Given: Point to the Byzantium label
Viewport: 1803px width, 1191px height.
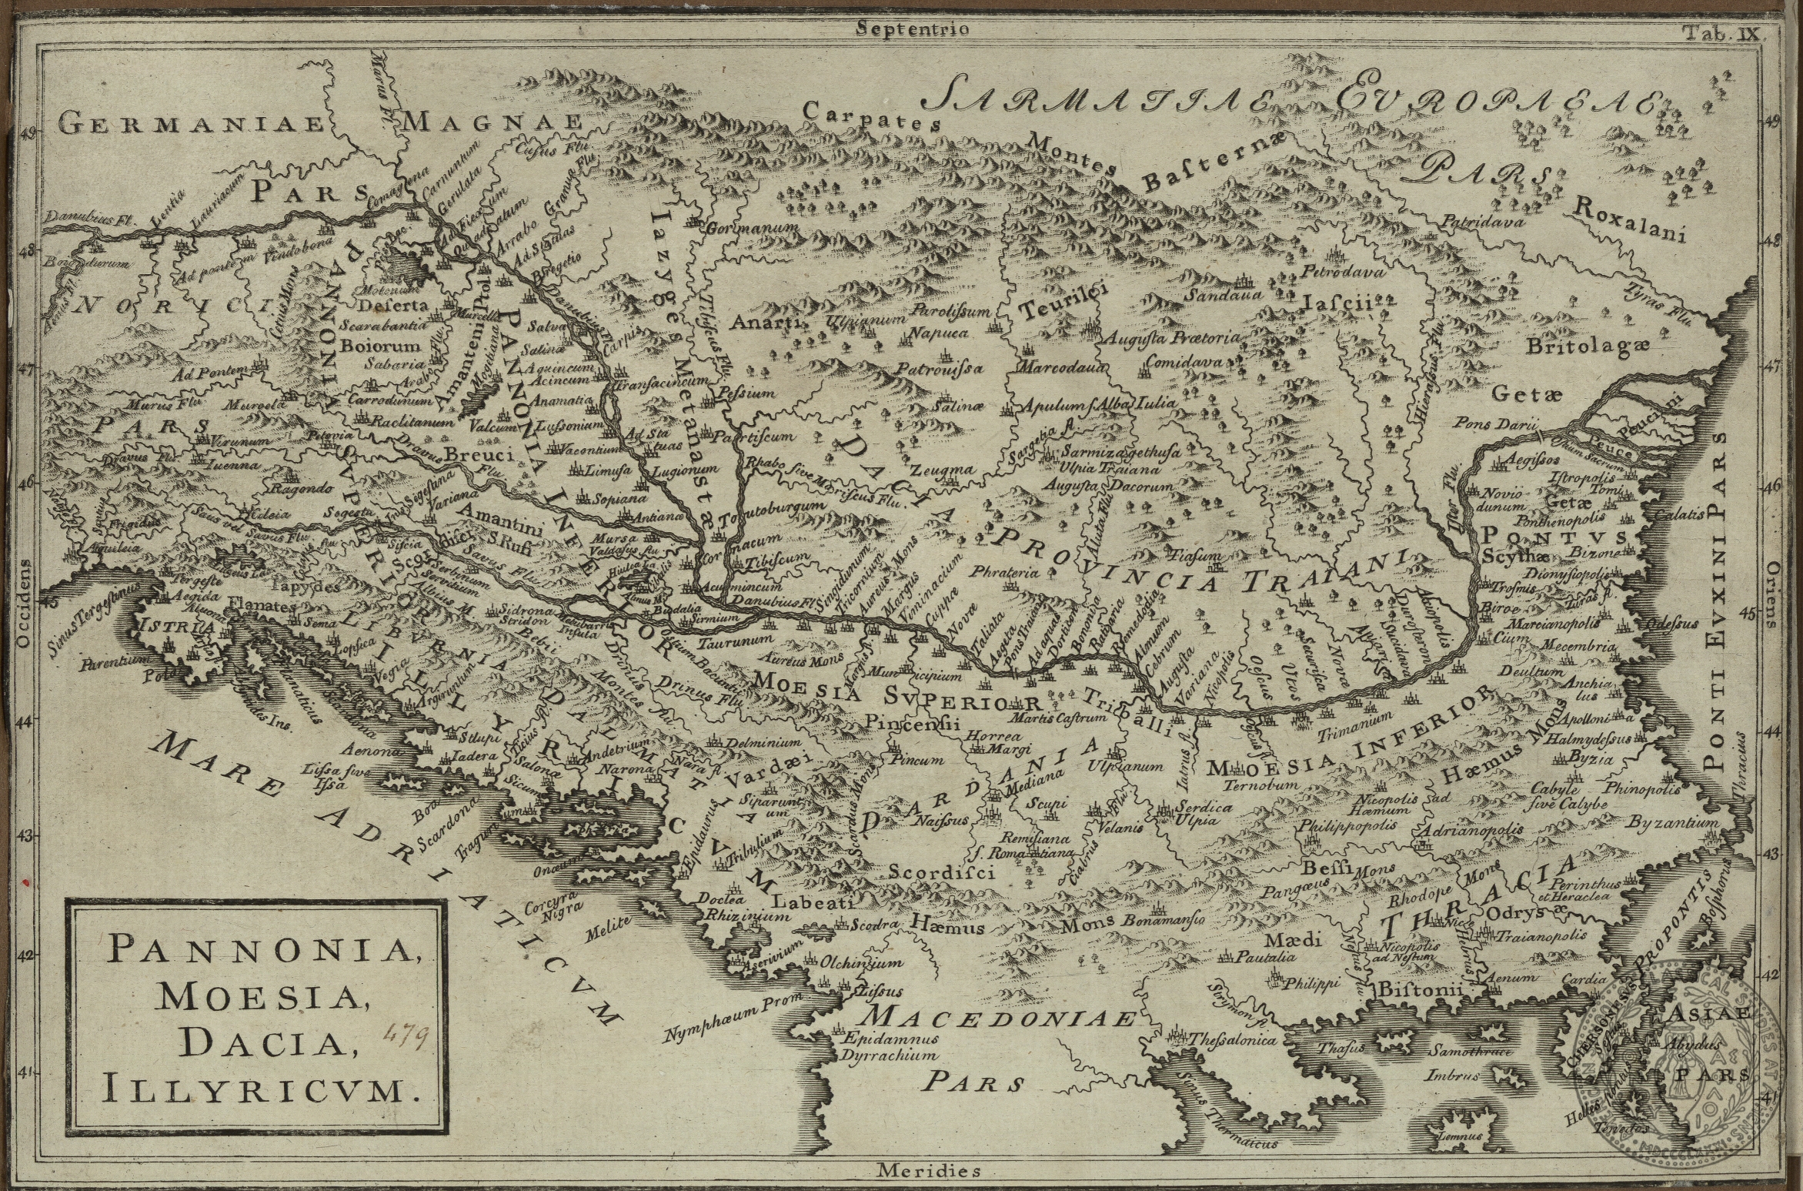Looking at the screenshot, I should click(x=1672, y=823).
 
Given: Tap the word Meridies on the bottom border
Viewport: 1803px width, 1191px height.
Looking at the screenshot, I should click(x=929, y=1173).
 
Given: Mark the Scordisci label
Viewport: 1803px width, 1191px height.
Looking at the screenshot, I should click(x=942, y=872).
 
